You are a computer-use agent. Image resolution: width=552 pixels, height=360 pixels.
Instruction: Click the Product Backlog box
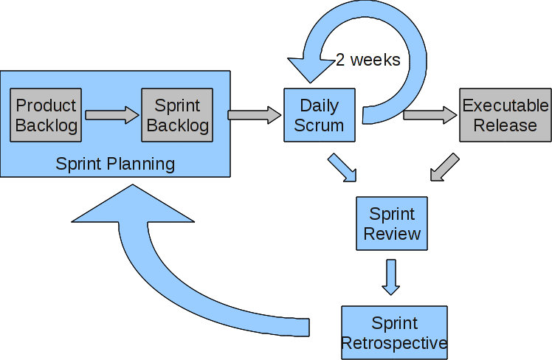tap(46, 115)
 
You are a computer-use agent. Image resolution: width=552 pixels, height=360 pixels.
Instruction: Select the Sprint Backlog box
tap(177, 115)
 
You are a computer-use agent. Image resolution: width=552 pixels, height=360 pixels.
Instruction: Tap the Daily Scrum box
tap(319, 115)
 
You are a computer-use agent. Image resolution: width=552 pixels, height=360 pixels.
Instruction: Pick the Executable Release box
tap(505, 115)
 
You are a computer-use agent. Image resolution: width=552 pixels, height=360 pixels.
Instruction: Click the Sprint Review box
tap(392, 224)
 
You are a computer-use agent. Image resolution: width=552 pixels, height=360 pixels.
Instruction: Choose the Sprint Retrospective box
tap(394, 333)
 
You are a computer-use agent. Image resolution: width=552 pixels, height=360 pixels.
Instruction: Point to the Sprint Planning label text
tap(115, 163)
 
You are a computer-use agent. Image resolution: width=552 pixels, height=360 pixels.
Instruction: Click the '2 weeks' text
tap(368, 60)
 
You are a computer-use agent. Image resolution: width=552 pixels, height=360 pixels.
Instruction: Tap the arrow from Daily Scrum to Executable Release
tap(430, 114)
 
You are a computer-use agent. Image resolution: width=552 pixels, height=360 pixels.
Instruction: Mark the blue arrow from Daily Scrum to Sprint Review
tap(342, 167)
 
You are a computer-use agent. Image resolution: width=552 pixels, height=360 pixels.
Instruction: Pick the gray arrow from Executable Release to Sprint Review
tap(444, 167)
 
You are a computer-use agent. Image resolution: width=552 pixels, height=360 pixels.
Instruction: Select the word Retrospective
tap(394, 343)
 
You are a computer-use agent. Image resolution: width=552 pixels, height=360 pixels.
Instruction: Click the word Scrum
tap(319, 125)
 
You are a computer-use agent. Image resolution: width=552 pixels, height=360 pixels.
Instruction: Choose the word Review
tap(392, 234)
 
